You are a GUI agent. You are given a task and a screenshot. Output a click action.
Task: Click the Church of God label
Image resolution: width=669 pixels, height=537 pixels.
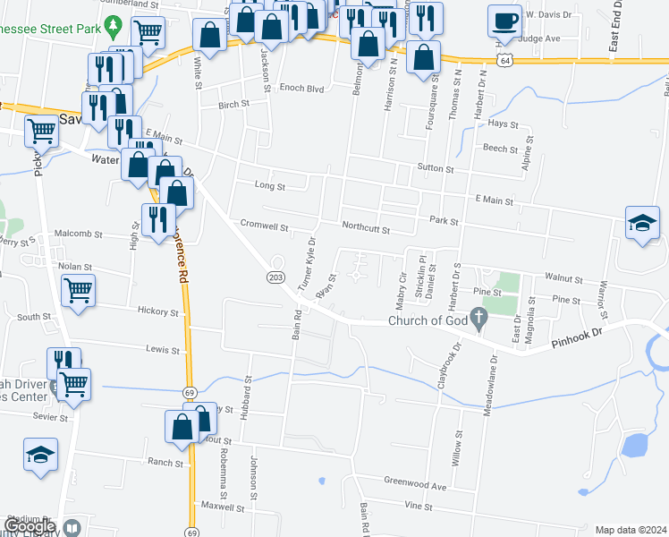[428, 321]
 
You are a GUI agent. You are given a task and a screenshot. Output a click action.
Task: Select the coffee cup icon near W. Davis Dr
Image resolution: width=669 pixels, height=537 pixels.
[504, 21]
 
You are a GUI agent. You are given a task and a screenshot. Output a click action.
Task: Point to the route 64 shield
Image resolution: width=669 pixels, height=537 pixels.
[506, 60]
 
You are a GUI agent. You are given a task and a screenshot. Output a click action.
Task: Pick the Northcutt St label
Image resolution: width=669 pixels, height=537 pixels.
[365, 229]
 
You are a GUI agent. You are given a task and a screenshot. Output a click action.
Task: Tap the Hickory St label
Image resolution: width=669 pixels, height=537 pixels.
[159, 312]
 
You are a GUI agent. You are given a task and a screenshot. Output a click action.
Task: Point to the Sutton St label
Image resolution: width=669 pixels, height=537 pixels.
[436, 168]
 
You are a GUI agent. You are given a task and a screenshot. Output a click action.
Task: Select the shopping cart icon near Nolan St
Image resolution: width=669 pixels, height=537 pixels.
[79, 290]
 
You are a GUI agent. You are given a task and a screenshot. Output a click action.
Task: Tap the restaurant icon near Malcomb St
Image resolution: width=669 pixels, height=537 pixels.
[158, 218]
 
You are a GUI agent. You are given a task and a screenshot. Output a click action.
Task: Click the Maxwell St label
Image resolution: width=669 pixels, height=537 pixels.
[224, 507]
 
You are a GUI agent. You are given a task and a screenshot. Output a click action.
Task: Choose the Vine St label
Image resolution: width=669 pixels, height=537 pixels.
[418, 506]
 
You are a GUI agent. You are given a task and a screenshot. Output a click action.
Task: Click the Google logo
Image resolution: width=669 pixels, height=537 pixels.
[30, 526]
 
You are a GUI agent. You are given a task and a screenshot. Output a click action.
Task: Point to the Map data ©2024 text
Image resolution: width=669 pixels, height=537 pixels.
[630, 530]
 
